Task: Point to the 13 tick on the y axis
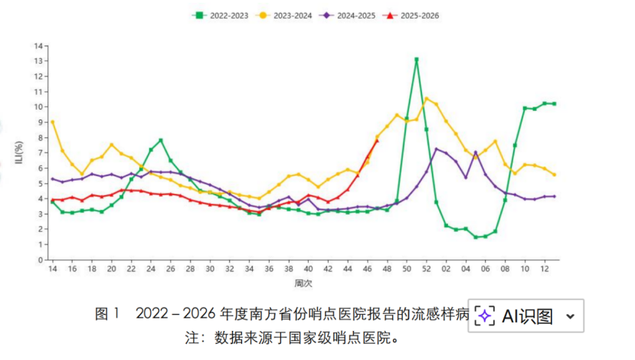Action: coord(38,61)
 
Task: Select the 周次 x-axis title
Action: coord(304,284)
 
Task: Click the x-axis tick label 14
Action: coord(52,270)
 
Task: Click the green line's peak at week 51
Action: coord(417,59)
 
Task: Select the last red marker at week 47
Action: coord(377,140)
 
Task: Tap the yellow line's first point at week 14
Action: coord(52,122)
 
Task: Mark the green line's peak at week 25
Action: coord(160,140)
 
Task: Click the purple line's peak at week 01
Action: coord(437,149)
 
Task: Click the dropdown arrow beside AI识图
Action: coord(570,316)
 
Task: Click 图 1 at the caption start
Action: coord(107,314)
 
